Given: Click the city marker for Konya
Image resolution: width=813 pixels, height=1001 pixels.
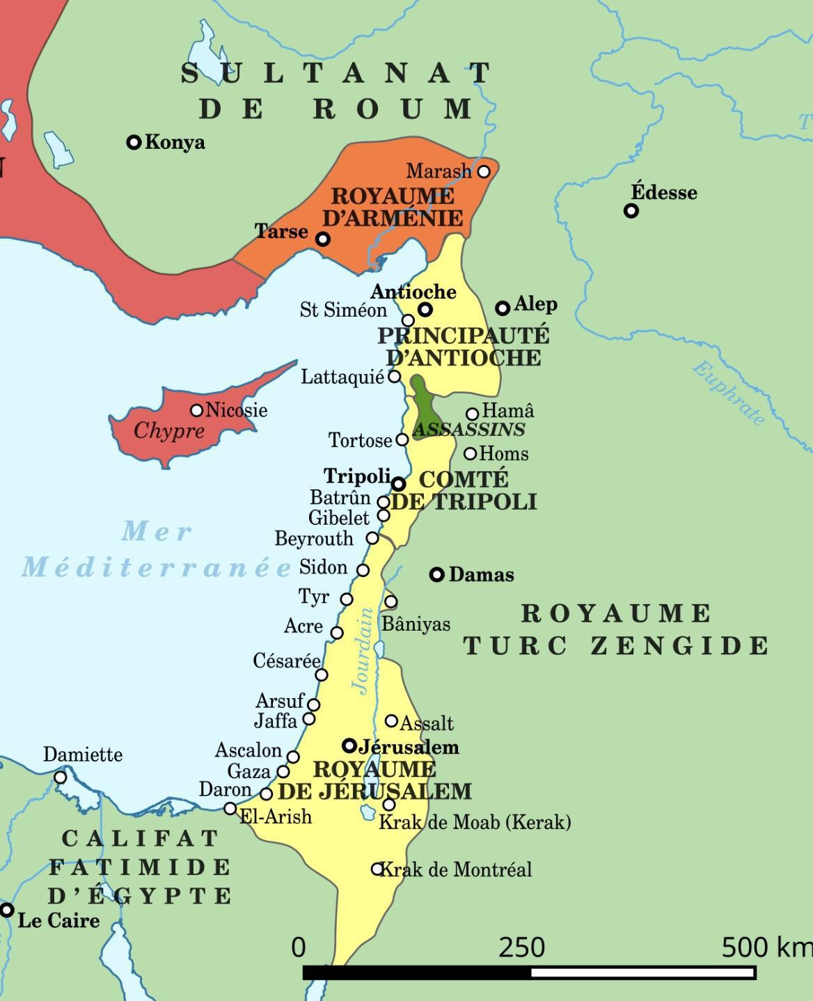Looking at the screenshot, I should [x=134, y=143].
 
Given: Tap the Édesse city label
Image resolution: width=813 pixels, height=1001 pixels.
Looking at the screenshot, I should [x=663, y=192].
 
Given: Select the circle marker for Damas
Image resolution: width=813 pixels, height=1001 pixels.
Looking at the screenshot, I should [x=436, y=574].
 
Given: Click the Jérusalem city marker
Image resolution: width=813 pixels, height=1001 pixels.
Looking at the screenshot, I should [x=349, y=746].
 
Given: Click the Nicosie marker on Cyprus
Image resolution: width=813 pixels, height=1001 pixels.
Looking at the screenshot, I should [x=197, y=411].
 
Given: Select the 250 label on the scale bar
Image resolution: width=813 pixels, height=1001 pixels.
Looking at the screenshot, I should [x=521, y=947].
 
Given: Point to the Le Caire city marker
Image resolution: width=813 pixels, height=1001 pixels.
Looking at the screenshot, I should [x=7, y=910].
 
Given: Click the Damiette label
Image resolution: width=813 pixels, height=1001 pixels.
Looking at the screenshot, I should [x=83, y=755].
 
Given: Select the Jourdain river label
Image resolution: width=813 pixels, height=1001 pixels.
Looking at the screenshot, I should [x=363, y=651].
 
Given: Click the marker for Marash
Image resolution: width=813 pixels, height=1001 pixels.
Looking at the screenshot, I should [x=484, y=171].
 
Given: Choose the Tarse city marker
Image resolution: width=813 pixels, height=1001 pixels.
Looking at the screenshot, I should [x=323, y=239].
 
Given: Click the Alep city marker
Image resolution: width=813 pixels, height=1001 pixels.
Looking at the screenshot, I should [x=503, y=308].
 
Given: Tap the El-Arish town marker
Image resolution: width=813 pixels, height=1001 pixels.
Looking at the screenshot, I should [x=230, y=808].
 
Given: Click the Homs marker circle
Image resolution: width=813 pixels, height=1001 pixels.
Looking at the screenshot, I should [x=471, y=454].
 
